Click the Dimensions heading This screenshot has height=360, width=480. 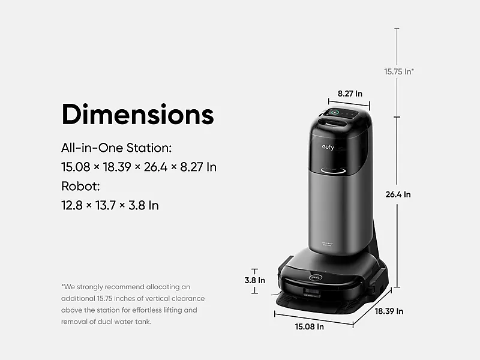[138, 114]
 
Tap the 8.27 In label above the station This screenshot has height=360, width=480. [350, 94]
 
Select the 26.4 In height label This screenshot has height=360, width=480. [398, 194]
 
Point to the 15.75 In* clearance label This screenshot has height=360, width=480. [399, 71]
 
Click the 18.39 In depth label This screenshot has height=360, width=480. [389, 311]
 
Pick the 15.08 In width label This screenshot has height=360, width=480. [309, 326]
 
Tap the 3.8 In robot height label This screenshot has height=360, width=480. [254, 280]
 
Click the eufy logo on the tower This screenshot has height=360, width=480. [328, 147]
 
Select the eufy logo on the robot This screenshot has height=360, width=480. [316, 277]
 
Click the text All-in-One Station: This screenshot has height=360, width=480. [116, 148]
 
